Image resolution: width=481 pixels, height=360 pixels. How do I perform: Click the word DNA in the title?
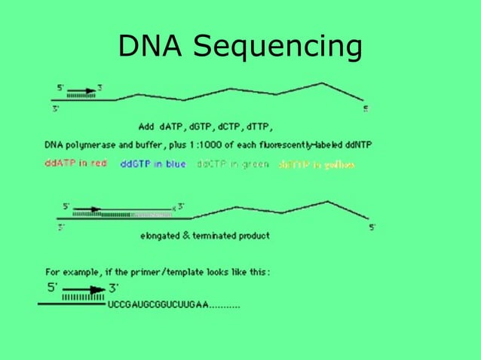pyautogui.click(x=151, y=47)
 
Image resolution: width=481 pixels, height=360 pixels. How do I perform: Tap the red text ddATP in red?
pyautogui.click(x=76, y=163)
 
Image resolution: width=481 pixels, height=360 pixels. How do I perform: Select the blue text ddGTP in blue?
pyautogui.click(x=153, y=163)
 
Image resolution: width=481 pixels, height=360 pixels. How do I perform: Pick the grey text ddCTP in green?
pyautogui.click(x=232, y=163)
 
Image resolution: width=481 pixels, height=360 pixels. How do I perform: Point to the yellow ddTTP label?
pyautogui.click(x=316, y=164)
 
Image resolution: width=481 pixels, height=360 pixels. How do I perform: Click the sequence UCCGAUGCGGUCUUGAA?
pyautogui.click(x=158, y=305)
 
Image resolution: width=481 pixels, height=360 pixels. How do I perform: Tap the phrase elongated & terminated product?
pyautogui.click(x=204, y=236)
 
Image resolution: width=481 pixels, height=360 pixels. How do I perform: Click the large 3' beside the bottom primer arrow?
pyautogui.click(x=113, y=287)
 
